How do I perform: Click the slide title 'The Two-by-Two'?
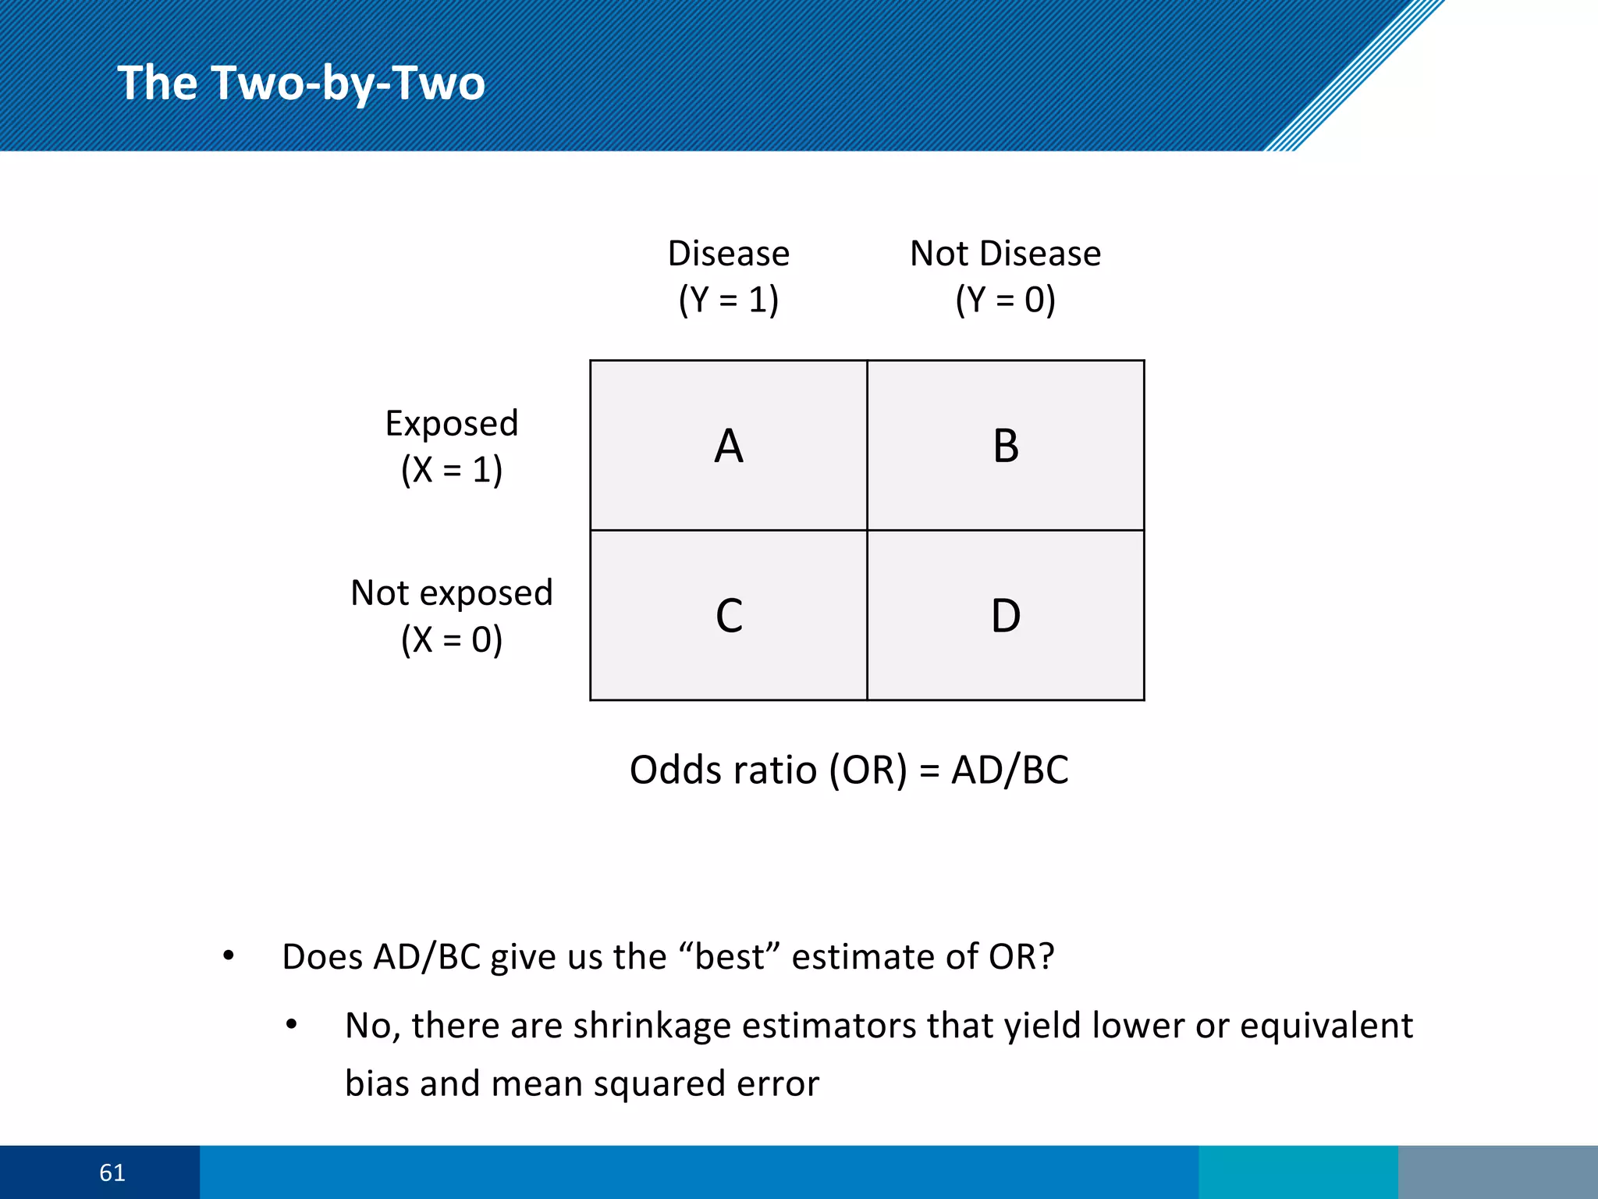click(x=301, y=83)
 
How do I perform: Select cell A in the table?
click(x=728, y=446)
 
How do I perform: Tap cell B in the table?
click(x=1006, y=446)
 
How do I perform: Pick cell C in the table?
click(x=728, y=615)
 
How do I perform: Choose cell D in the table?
click(x=1006, y=615)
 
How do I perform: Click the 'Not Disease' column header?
click(x=1005, y=254)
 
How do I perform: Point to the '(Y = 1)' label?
click(x=728, y=300)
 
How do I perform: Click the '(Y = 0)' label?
click(x=1005, y=300)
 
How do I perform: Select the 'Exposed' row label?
click(x=452, y=424)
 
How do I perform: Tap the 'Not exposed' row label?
click(x=452, y=593)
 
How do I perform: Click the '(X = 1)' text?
click(x=452, y=470)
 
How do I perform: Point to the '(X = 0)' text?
click(x=452, y=640)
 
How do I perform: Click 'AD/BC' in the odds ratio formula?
click(x=1010, y=770)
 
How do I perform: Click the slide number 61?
click(x=112, y=1172)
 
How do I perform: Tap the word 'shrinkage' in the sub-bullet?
click(x=652, y=1026)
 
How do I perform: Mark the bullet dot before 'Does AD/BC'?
click(x=228, y=956)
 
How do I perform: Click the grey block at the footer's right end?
click(x=1497, y=1172)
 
